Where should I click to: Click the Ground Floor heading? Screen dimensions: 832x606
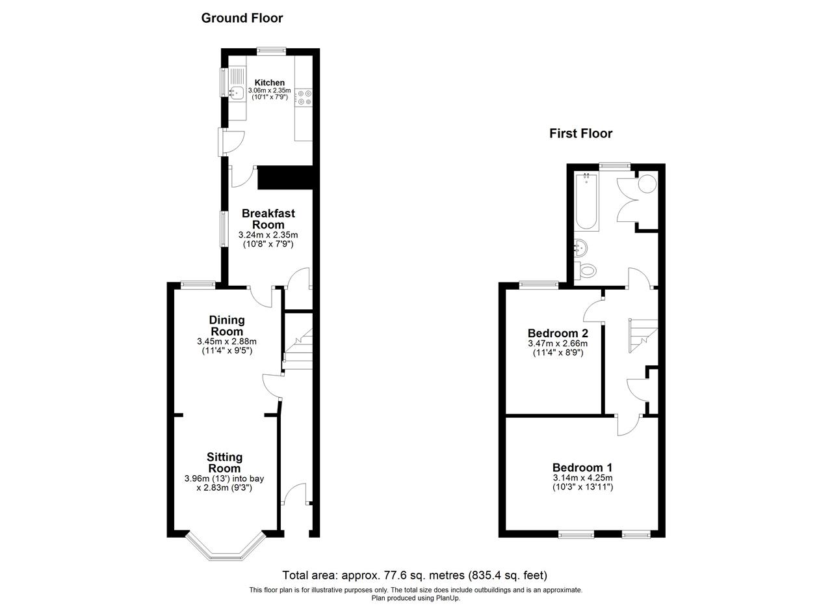pyautogui.click(x=242, y=18)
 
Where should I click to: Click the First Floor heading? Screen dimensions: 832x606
pyautogui.click(x=580, y=133)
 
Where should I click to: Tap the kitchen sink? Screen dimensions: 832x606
pyautogui.click(x=236, y=92)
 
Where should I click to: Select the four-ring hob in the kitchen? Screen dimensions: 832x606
pyautogui.click(x=304, y=98)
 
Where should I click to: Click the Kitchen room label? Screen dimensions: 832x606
pyautogui.click(x=270, y=83)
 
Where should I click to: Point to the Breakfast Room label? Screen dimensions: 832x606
pyautogui.click(x=268, y=219)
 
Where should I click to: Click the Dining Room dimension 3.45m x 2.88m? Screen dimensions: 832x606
pyautogui.click(x=227, y=341)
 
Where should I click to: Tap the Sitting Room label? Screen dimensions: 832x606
pyautogui.click(x=224, y=462)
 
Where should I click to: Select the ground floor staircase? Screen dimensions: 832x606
pyautogui.click(x=298, y=349)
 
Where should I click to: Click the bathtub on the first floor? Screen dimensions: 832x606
pyautogui.click(x=586, y=201)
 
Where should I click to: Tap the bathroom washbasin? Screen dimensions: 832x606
pyautogui.click(x=580, y=248)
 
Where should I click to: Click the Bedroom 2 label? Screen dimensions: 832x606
pyautogui.click(x=558, y=333)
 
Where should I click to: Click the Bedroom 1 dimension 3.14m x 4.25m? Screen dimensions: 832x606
pyautogui.click(x=582, y=478)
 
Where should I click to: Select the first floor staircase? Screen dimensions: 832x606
pyautogui.click(x=643, y=336)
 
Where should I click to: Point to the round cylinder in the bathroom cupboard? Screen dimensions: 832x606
pyautogui.click(x=647, y=184)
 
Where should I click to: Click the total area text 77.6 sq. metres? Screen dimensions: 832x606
pyautogui.click(x=421, y=575)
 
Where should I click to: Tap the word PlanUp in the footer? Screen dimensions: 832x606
pyautogui.click(x=448, y=598)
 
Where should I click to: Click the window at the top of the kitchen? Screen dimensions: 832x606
pyautogui.click(x=272, y=51)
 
